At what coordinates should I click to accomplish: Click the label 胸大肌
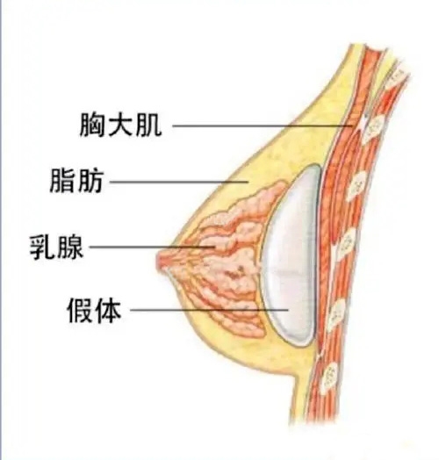tap(120, 125)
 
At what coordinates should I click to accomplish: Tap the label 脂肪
tap(76, 181)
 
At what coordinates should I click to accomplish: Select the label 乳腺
tap(56, 248)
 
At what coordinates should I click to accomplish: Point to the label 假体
tap(94, 311)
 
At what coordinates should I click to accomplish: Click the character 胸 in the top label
tap(92, 125)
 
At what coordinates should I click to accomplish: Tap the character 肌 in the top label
tap(149, 125)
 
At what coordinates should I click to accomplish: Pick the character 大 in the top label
tap(120, 125)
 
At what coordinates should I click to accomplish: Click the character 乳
tap(42, 248)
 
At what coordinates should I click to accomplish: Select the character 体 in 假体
tap(108, 311)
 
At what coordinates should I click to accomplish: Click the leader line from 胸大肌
tap(262, 126)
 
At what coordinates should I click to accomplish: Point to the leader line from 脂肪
tap(179, 182)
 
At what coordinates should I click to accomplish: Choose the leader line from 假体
tap(209, 310)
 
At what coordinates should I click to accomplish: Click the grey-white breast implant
tap(291, 255)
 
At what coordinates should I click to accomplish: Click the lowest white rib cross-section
tap(328, 378)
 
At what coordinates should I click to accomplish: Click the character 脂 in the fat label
tap(62, 181)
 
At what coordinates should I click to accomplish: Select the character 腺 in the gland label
tap(70, 248)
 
